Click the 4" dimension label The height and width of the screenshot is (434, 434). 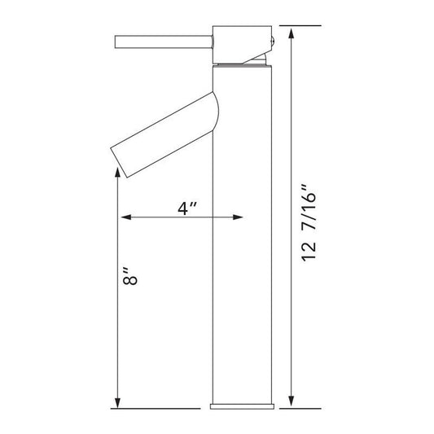[x=187, y=208]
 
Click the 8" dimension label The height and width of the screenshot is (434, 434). [x=129, y=276]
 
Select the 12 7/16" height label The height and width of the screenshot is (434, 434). [x=309, y=222]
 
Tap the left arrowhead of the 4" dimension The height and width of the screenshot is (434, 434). [x=126, y=217]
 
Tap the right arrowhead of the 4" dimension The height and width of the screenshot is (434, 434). [x=238, y=217]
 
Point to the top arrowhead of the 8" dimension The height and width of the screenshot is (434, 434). [x=117, y=172]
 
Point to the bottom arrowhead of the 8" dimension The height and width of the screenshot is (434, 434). [x=117, y=403]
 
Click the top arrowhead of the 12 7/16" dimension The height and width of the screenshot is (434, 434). [x=291, y=33]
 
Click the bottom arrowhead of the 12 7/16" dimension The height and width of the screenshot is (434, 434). [x=291, y=401]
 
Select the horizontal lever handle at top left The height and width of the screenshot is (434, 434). [x=164, y=42]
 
